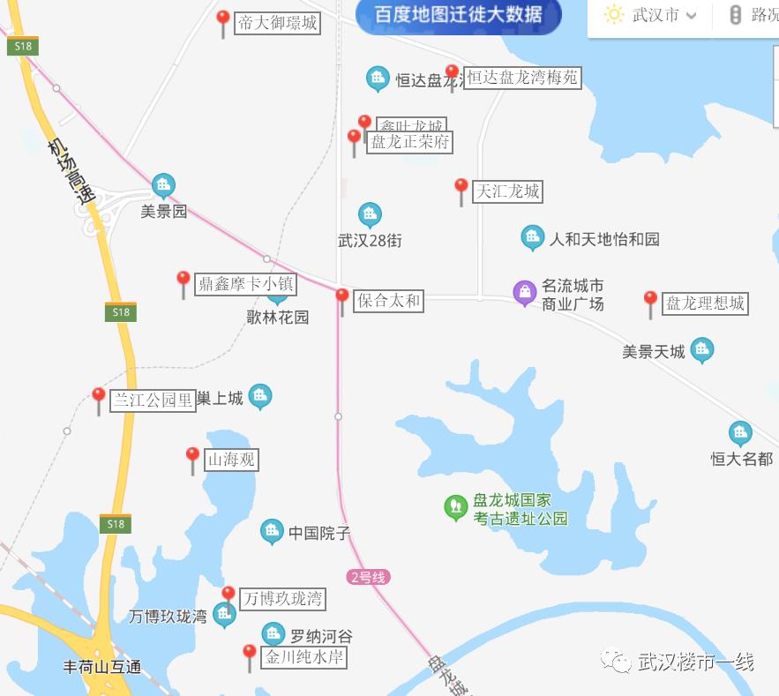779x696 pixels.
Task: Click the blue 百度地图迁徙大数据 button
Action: [458, 16]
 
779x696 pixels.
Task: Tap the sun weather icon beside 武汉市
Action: [613, 15]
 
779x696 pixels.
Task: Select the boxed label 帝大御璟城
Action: [277, 23]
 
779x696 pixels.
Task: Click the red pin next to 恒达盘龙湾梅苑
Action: [452, 75]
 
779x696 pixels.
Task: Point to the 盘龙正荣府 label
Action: [410, 142]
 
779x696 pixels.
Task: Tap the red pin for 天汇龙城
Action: [461, 189]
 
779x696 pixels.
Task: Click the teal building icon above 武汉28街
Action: [370, 214]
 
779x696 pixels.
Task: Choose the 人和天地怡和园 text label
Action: [604, 239]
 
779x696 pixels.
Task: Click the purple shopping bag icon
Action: [525, 292]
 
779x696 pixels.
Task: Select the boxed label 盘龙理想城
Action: [705, 304]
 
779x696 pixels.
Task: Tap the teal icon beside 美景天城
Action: [702, 350]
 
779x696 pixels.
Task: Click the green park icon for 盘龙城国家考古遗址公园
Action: [455, 507]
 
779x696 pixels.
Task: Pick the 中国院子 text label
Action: [319, 533]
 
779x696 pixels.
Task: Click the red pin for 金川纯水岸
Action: [250, 656]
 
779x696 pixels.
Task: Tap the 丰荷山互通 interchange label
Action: [102, 667]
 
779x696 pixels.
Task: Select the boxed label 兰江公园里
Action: [152, 400]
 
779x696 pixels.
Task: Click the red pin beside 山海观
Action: [192, 459]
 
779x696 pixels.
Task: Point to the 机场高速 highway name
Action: [71, 171]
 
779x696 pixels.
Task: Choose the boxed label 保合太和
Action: [387, 301]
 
